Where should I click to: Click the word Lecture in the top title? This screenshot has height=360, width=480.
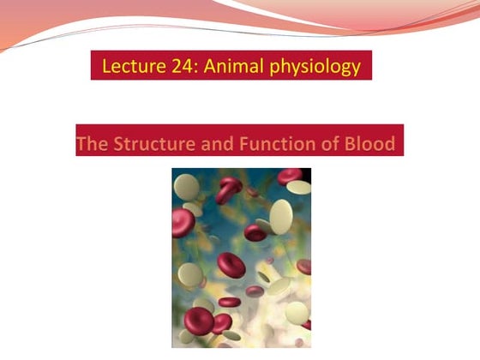click(x=129, y=65)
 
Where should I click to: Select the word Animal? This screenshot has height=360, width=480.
click(x=225, y=65)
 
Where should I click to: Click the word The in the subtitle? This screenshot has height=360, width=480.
click(x=92, y=143)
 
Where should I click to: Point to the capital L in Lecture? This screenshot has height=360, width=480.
click(x=106, y=65)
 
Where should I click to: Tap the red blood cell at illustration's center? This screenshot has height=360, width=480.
click(x=231, y=264)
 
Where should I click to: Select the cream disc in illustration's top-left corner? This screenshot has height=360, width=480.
click(x=184, y=182)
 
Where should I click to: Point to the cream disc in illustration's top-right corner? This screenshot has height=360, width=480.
click(x=298, y=187)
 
